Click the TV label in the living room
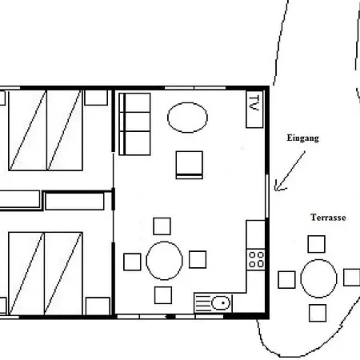pyautogui.click(x=254, y=103)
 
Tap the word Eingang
pyautogui.click(x=302, y=138)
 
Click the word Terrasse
pyautogui.click(x=328, y=218)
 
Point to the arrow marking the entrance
pyautogui.click(x=290, y=171)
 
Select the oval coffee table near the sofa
pyautogui.click(x=187, y=118)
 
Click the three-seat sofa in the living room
pyautogui.click(x=134, y=124)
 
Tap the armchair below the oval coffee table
pyautogui.click(x=190, y=165)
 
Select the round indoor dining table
pyautogui.click(x=164, y=261)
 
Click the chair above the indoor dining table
pyautogui.click(x=162, y=226)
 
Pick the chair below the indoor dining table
pyautogui.click(x=163, y=295)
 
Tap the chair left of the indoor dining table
pyautogui.click(x=132, y=262)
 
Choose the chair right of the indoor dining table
pyautogui.click(x=198, y=259)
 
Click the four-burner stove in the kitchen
pyautogui.click(x=256, y=259)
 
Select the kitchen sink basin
pyautogui.click(x=221, y=303)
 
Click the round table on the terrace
pyautogui.click(x=318, y=278)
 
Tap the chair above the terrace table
pyautogui.click(x=317, y=244)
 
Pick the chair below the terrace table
pyautogui.click(x=318, y=313)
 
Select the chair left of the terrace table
pyautogui.click(x=286, y=280)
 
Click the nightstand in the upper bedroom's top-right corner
pyautogui.click(x=96, y=98)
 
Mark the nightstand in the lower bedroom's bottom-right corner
pyautogui.click(x=98, y=306)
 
